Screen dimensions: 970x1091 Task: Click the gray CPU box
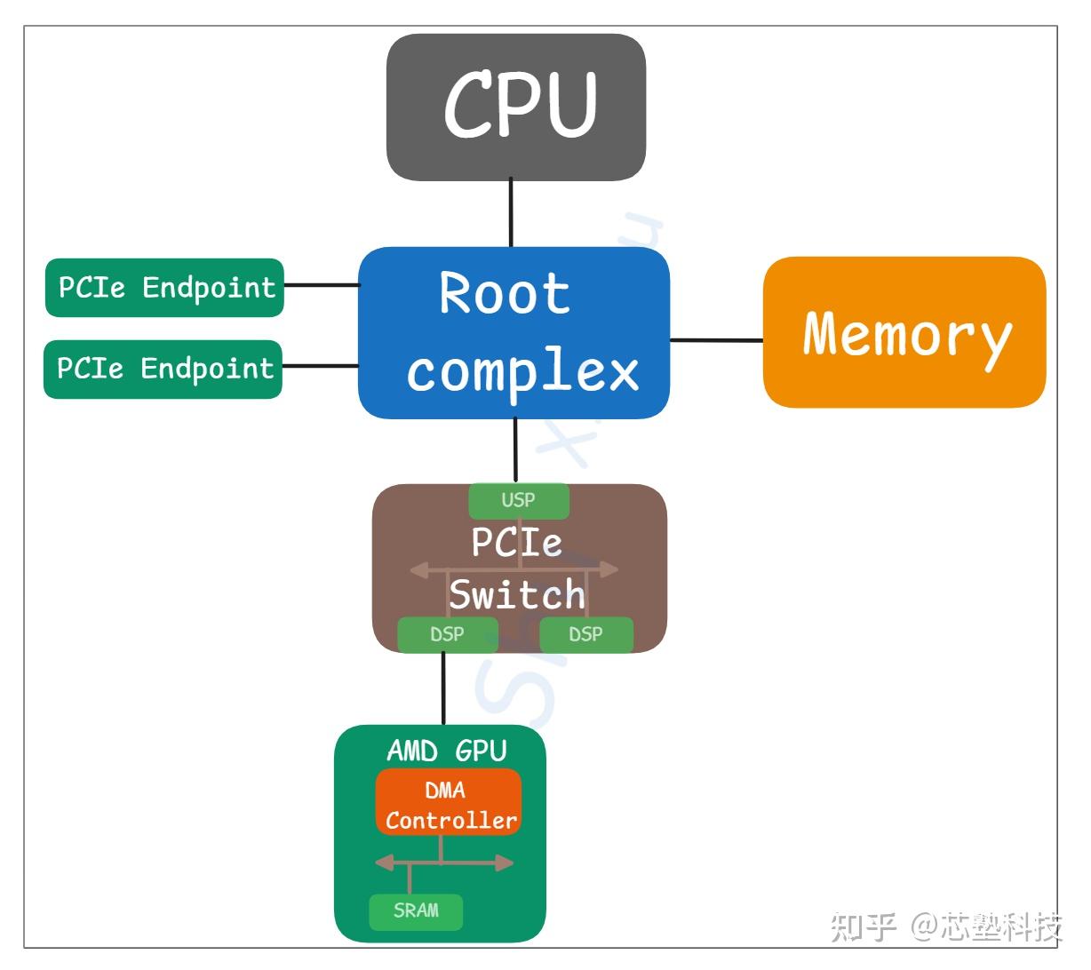(x=515, y=107)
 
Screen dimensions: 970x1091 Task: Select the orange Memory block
(x=904, y=332)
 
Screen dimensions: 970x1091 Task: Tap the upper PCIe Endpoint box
(x=164, y=288)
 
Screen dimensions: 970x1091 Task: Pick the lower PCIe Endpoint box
(x=163, y=369)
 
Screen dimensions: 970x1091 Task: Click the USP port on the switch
(x=518, y=500)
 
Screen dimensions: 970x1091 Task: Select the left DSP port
(x=447, y=634)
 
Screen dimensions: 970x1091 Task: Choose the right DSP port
(x=585, y=634)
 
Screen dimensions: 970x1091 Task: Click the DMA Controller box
(x=449, y=803)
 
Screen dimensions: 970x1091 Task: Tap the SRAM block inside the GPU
(x=416, y=910)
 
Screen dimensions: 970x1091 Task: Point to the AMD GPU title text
(x=446, y=751)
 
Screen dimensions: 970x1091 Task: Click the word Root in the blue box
(x=504, y=293)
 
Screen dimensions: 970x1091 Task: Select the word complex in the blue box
(x=522, y=370)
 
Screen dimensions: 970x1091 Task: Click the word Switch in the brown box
(x=516, y=594)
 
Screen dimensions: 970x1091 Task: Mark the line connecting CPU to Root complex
(x=511, y=213)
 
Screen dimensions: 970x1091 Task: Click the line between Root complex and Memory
(x=716, y=339)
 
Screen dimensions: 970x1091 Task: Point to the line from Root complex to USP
(x=515, y=449)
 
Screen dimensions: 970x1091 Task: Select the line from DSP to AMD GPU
(x=443, y=688)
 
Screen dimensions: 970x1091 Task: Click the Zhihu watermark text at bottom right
(x=946, y=926)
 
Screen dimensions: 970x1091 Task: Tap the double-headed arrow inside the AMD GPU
(x=444, y=863)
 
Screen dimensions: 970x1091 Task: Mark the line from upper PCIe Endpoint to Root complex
(x=321, y=285)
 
